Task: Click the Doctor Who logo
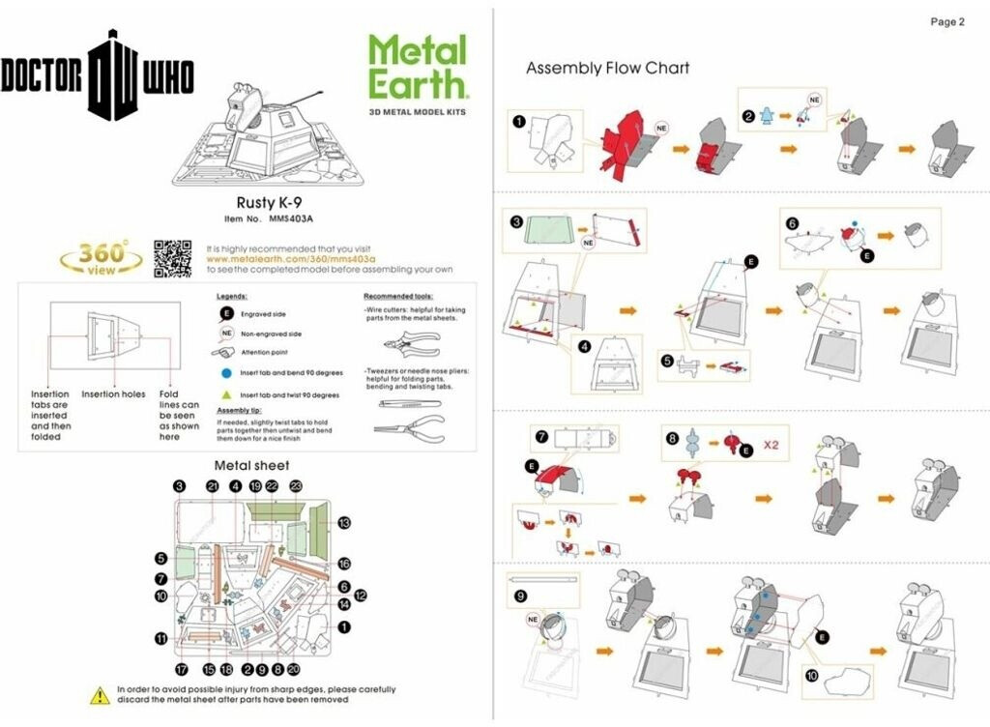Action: pos(97,74)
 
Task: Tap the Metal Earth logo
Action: pos(418,68)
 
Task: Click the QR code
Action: pos(172,258)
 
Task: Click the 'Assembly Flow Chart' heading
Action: pos(607,68)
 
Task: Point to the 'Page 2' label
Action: pos(946,22)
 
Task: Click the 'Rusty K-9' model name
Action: pos(264,203)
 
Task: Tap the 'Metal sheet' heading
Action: pos(251,465)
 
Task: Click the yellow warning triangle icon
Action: pos(101,694)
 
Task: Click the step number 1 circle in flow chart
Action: pos(519,122)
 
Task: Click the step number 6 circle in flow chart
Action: pos(793,222)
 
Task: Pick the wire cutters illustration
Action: pos(410,343)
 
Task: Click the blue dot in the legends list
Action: pos(224,372)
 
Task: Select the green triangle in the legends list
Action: pos(224,395)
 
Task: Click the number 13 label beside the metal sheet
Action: pos(344,522)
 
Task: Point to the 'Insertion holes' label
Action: pos(113,394)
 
